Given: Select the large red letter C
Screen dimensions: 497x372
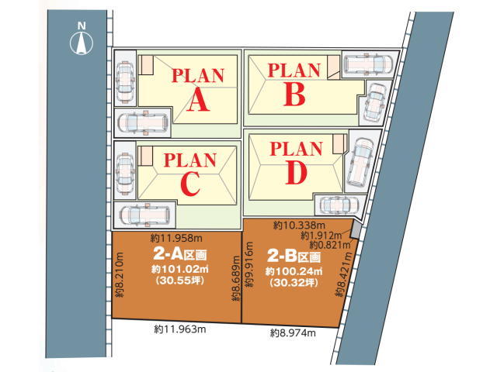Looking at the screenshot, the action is pyautogui.click(x=190, y=184).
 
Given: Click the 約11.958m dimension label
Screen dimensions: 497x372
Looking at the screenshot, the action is pyautogui.click(x=176, y=237).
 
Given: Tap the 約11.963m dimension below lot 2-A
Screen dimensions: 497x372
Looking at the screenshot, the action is pyautogui.click(x=180, y=329).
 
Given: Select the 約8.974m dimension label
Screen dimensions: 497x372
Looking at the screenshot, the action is pyautogui.click(x=294, y=332).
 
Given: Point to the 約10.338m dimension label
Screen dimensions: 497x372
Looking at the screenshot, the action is pyautogui.click(x=300, y=226).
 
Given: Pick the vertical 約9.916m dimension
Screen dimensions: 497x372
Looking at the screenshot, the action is pyautogui.click(x=249, y=264).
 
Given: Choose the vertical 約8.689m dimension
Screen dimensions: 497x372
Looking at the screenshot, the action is pyautogui.click(x=235, y=278).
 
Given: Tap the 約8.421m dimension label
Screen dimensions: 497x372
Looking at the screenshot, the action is pyautogui.click(x=344, y=274).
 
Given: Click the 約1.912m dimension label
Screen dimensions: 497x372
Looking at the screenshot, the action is pyautogui.click(x=321, y=236).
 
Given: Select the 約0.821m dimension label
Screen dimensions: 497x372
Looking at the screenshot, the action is pyautogui.click(x=330, y=245).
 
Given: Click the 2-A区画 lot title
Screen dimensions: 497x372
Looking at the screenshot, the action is pyautogui.click(x=179, y=253).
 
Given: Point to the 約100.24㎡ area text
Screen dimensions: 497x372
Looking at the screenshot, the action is pyautogui.click(x=294, y=271).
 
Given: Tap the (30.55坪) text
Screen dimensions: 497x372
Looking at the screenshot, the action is pyautogui.click(x=179, y=280).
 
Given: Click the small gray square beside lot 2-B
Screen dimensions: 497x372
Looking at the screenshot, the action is pyautogui.click(x=355, y=230).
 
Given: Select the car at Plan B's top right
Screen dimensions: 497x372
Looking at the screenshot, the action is pyautogui.click(x=368, y=64).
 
